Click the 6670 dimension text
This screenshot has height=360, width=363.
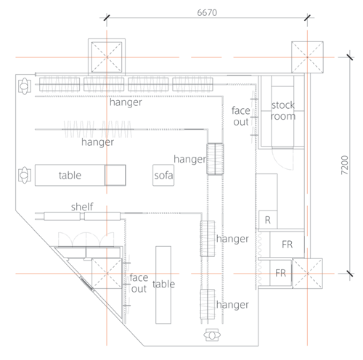point(207,12)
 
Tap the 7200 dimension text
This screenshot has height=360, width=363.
point(344,165)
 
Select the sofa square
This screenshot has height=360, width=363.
point(163,175)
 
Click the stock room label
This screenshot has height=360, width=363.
point(283,110)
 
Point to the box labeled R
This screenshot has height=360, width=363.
point(268,220)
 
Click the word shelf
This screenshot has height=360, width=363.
point(82,207)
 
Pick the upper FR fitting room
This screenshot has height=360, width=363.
point(287,245)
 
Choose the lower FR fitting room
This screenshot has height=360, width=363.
point(281,273)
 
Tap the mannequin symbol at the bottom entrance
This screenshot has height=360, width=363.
point(212,335)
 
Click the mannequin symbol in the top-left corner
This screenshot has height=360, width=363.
point(25,86)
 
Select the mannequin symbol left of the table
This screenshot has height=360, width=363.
point(25,175)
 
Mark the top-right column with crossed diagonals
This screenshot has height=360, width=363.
point(307,57)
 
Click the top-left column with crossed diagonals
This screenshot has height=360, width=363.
point(107,57)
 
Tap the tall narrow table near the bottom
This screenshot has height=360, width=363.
point(163,285)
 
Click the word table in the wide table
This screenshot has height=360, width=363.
point(70,175)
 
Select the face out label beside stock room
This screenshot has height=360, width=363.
point(241,116)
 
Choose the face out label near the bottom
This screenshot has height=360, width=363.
point(139,283)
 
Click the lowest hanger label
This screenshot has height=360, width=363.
point(232,305)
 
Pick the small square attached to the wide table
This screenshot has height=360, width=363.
point(115,175)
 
